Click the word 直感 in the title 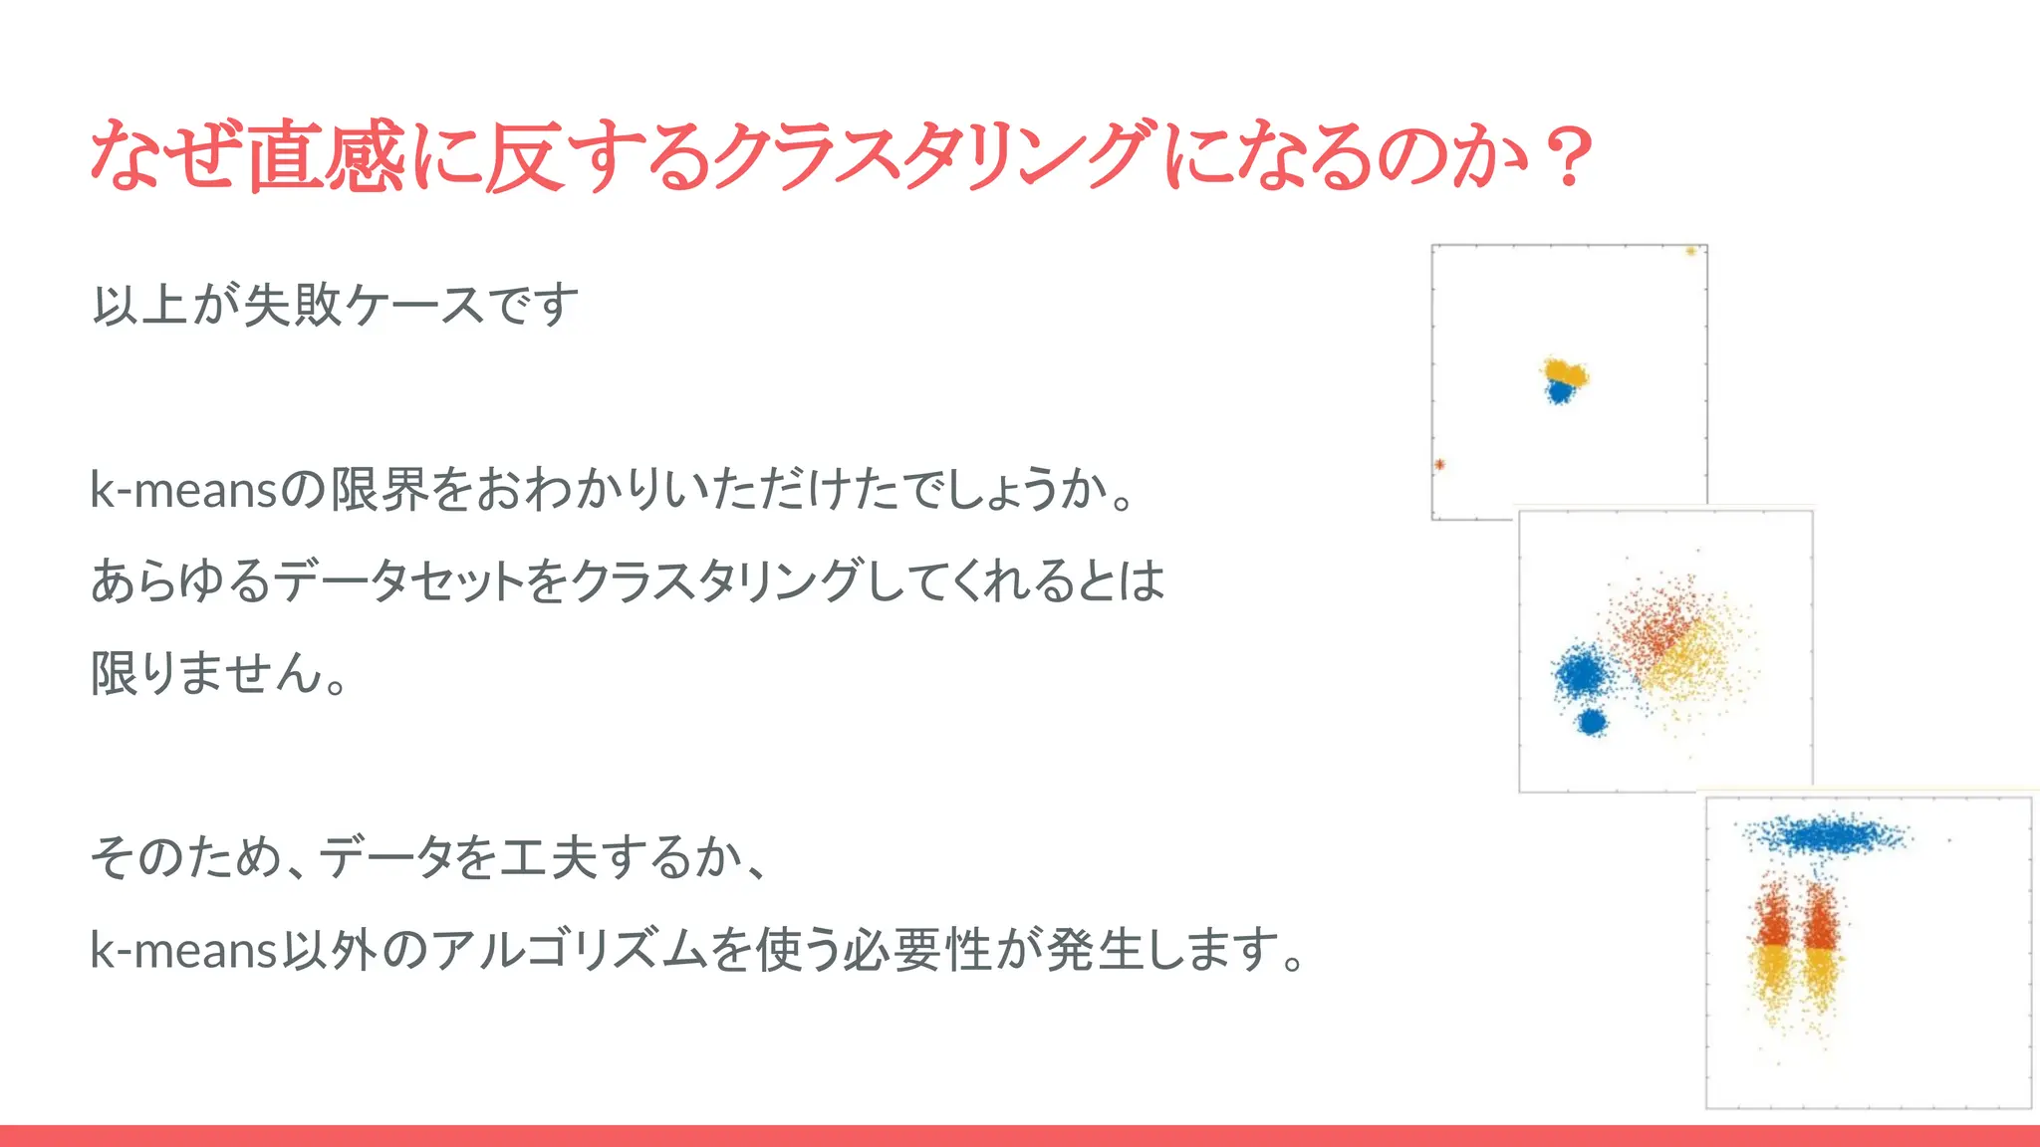pyautogui.click(x=325, y=156)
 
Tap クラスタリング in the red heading pyautogui.click(x=936, y=156)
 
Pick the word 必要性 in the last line pyautogui.click(x=916, y=949)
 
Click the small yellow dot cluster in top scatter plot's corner pyautogui.click(x=1690, y=251)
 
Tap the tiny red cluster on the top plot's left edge pyautogui.click(x=1439, y=464)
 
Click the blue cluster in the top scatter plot pyautogui.click(x=1559, y=392)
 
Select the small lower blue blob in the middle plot pyautogui.click(x=1592, y=722)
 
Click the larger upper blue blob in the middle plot pyautogui.click(x=1582, y=674)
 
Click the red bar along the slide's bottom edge pyautogui.click(x=1020, y=1136)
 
